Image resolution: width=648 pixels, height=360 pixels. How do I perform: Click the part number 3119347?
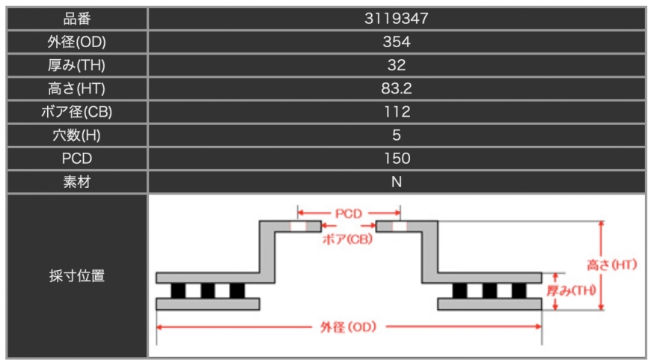coord(397,19)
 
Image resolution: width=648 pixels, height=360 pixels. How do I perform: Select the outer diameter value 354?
coord(397,42)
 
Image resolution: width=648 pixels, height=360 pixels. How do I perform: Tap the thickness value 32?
coord(397,65)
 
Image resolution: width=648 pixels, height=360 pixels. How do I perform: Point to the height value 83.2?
coord(397,88)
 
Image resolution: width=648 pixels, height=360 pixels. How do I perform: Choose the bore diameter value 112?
coord(397,112)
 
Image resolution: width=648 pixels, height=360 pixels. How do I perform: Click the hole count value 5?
coord(397,135)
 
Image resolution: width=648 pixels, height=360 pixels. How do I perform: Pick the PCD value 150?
coord(397,159)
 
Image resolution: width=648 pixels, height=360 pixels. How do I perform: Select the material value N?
coord(397,182)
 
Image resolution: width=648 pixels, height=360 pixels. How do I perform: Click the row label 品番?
coord(77,19)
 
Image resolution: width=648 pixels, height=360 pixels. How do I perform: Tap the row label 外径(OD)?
coord(77,42)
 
